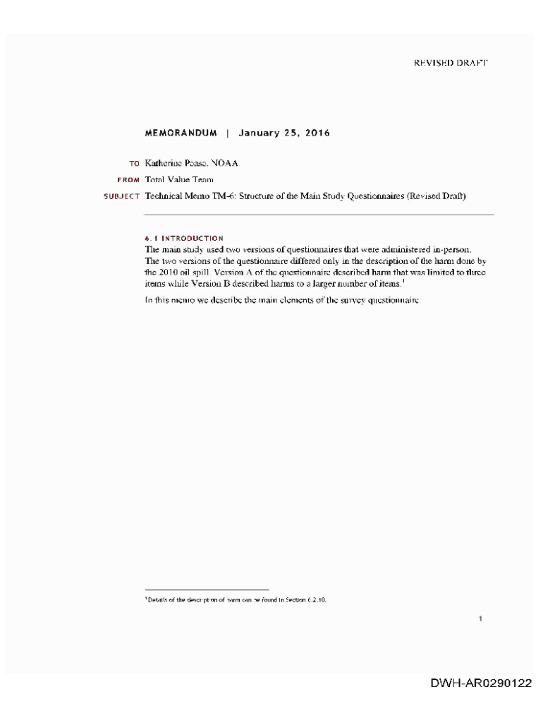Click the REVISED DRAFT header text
(x=450, y=63)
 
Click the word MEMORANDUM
(x=181, y=133)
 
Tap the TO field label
(x=134, y=164)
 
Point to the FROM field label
(x=128, y=180)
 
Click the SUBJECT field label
(x=122, y=196)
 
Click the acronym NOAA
(x=224, y=163)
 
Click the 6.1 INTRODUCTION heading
(x=184, y=239)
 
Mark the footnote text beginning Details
(x=236, y=600)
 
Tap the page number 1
(x=480, y=619)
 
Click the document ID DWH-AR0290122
(x=482, y=683)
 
